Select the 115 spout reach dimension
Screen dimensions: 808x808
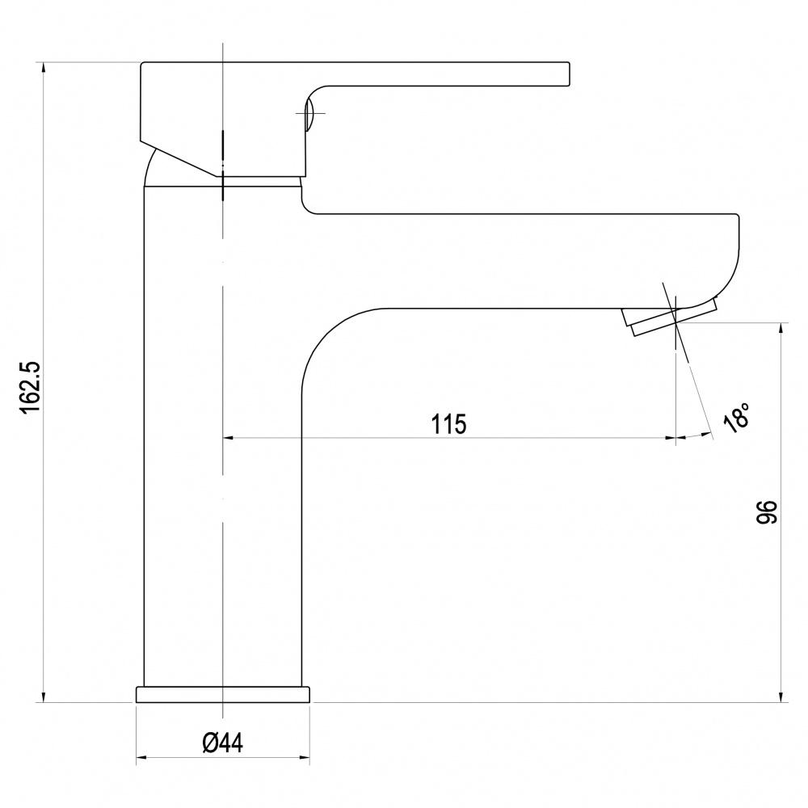tap(448, 424)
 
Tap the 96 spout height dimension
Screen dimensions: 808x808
tap(766, 511)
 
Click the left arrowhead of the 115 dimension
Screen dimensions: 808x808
tap(228, 438)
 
